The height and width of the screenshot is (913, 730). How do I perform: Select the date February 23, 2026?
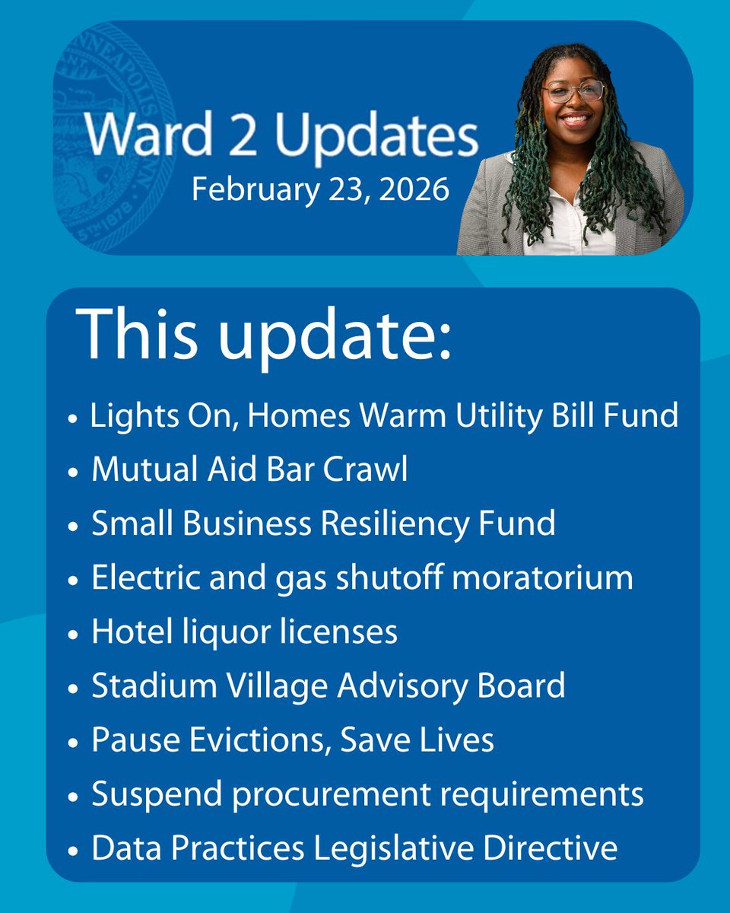point(319,188)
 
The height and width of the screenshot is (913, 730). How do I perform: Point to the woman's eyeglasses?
point(574,91)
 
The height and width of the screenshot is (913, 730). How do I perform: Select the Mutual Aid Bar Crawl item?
point(249,469)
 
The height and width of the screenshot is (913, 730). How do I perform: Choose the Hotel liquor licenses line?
point(244,631)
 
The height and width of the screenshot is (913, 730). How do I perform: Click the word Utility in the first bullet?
point(494,415)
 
